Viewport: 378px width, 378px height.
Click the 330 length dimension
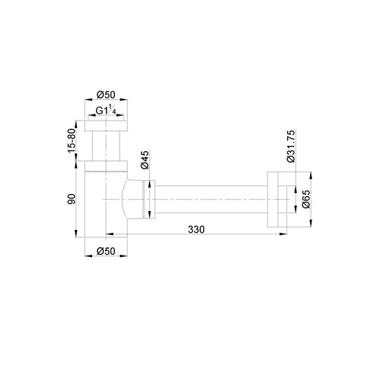point(197,228)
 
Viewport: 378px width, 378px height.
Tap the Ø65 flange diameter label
point(305,200)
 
